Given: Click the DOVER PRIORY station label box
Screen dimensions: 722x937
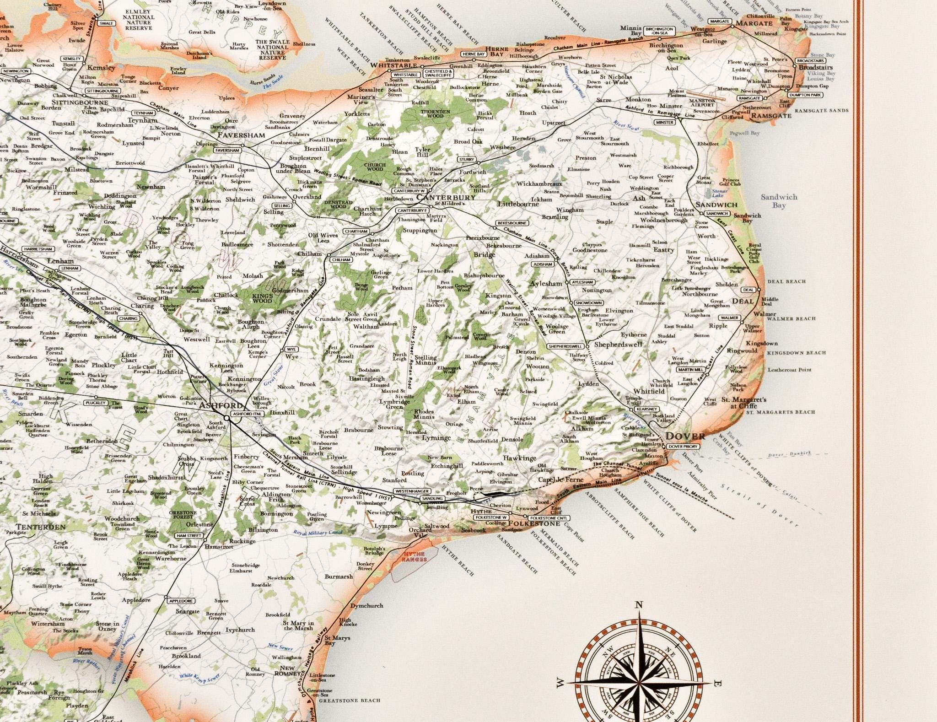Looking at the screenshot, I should pyautogui.click(x=682, y=446).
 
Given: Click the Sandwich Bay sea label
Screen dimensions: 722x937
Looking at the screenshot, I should pyautogui.click(x=779, y=201).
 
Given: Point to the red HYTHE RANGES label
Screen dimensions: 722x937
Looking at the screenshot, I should pyautogui.click(x=414, y=557).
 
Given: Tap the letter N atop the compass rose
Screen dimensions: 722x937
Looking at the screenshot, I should pyautogui.click(x=639, y=605).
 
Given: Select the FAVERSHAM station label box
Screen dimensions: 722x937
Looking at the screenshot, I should pyautogui.click(x=227, y=150).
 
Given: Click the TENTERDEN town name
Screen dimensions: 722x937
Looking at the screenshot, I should pyautogui.click(x=41, y=527).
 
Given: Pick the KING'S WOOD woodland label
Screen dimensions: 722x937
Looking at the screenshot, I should pyautogui.click(x=262, y=298).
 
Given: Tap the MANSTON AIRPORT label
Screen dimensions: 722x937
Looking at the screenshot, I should pyautogui.click(x=703, y=102).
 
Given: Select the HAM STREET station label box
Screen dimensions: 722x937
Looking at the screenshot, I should pyautogui.click(x=188, y=535).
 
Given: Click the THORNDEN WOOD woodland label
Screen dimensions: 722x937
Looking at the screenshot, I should pyautogui.click(x=435, y=113).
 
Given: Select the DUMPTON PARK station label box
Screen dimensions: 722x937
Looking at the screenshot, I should pyautogui.click(x=806, y=95).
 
